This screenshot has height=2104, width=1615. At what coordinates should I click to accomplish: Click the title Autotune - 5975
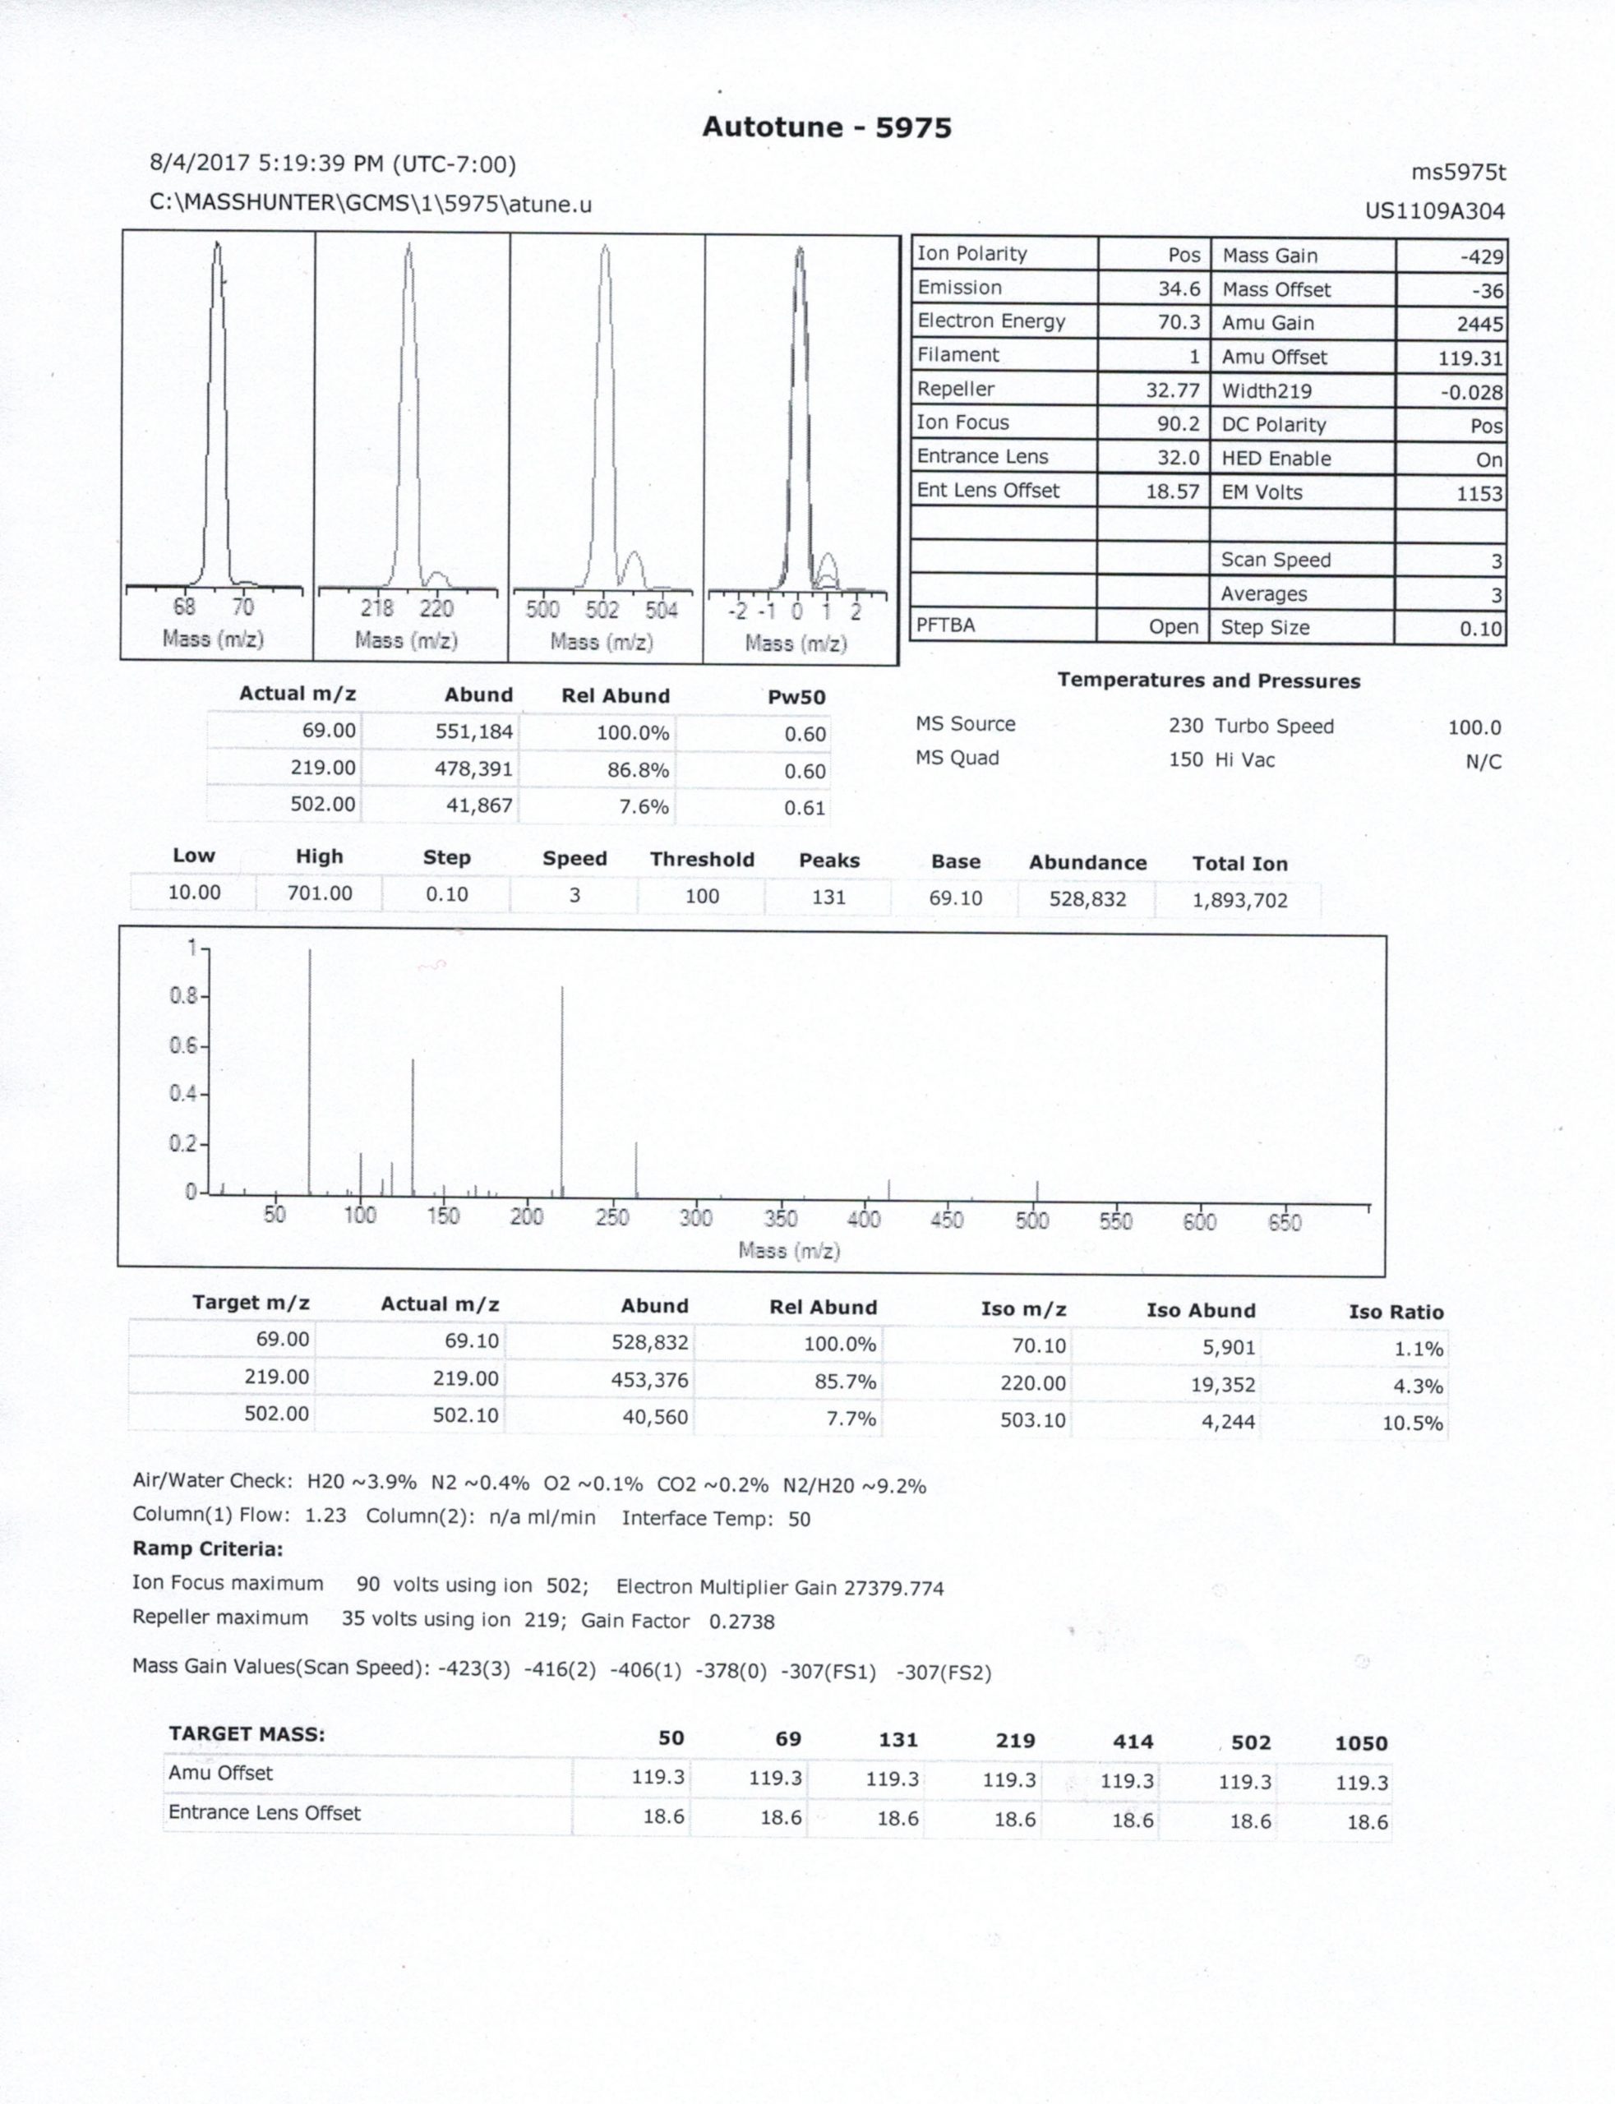tap(826, 128)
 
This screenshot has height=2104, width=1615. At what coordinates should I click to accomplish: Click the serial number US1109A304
tap(1434, 210)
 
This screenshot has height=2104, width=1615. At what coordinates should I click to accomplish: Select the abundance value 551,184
tap(474, 732)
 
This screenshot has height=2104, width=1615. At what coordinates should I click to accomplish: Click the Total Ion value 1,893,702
tap(1239, 901)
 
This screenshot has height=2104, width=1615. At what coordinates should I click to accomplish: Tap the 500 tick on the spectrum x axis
tap(1032, 1220)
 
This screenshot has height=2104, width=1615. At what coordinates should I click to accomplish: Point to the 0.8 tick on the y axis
tap(182, 996)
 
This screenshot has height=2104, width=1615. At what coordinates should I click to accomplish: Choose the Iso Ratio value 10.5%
tap(1412, 1423)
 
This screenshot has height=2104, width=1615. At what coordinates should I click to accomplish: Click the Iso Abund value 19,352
tap(1228, 1385)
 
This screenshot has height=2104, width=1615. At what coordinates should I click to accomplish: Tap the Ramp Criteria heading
tap(208, 1548)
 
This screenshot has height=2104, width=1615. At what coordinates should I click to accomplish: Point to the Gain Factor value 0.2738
tap(741, 1622)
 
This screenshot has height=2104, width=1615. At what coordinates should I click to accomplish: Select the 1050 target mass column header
tap(1360, 1742)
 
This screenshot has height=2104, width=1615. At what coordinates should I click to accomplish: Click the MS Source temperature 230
tap(1185, 726)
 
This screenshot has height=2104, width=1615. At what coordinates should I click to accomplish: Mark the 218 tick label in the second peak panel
tap(376, 608)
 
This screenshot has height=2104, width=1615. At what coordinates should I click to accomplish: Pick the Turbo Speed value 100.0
tap(1474, 727)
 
